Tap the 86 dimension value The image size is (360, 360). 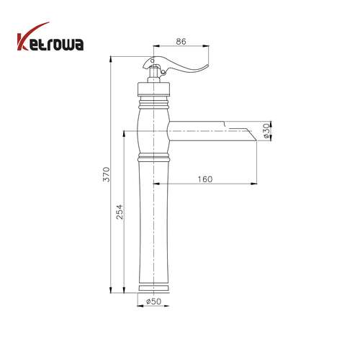pos(181,41)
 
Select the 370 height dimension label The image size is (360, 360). pos(107,174)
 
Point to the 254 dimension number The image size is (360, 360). pos(120,212)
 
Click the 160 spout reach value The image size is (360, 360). pos(205,179)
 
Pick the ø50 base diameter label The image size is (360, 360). pos(154,301)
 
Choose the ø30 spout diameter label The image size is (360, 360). pos(266,131)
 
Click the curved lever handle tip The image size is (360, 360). pos(207,66)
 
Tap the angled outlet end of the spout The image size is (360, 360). pos(251,135)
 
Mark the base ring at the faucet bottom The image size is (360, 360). pos(154,288)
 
